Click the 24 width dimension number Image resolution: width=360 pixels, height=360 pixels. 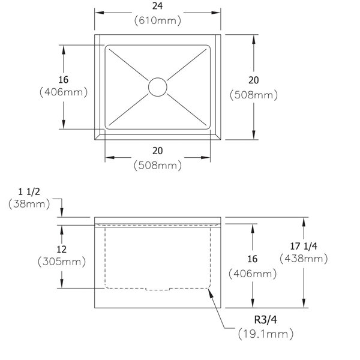click(157, 6)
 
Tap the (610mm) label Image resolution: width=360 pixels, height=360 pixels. click(157, 20)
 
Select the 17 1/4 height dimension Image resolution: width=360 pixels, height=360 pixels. click(304, 246)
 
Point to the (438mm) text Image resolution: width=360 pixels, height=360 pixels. click(304, 259)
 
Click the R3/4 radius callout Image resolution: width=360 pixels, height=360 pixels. click(265, 320)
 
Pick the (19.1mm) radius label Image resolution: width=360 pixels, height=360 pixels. click(266, 334)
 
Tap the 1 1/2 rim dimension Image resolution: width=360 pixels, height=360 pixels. click(29, 192)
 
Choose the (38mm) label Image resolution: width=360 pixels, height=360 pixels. click(29, 204)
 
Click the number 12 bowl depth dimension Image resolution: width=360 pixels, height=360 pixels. click(62, 250)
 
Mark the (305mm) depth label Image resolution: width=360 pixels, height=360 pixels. click(62, 262)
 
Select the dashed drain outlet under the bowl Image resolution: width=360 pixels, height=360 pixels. click(157, 289)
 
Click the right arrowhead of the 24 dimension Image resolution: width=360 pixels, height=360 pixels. click(216, 13)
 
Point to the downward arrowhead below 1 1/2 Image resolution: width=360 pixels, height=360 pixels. click(62, 212)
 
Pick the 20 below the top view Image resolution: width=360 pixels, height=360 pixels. click(157, 151)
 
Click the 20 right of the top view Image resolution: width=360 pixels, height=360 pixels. click(253, 80)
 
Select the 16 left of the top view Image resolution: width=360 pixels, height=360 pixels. click(64, 80)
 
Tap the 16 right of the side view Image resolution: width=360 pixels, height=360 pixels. click(253, 259)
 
